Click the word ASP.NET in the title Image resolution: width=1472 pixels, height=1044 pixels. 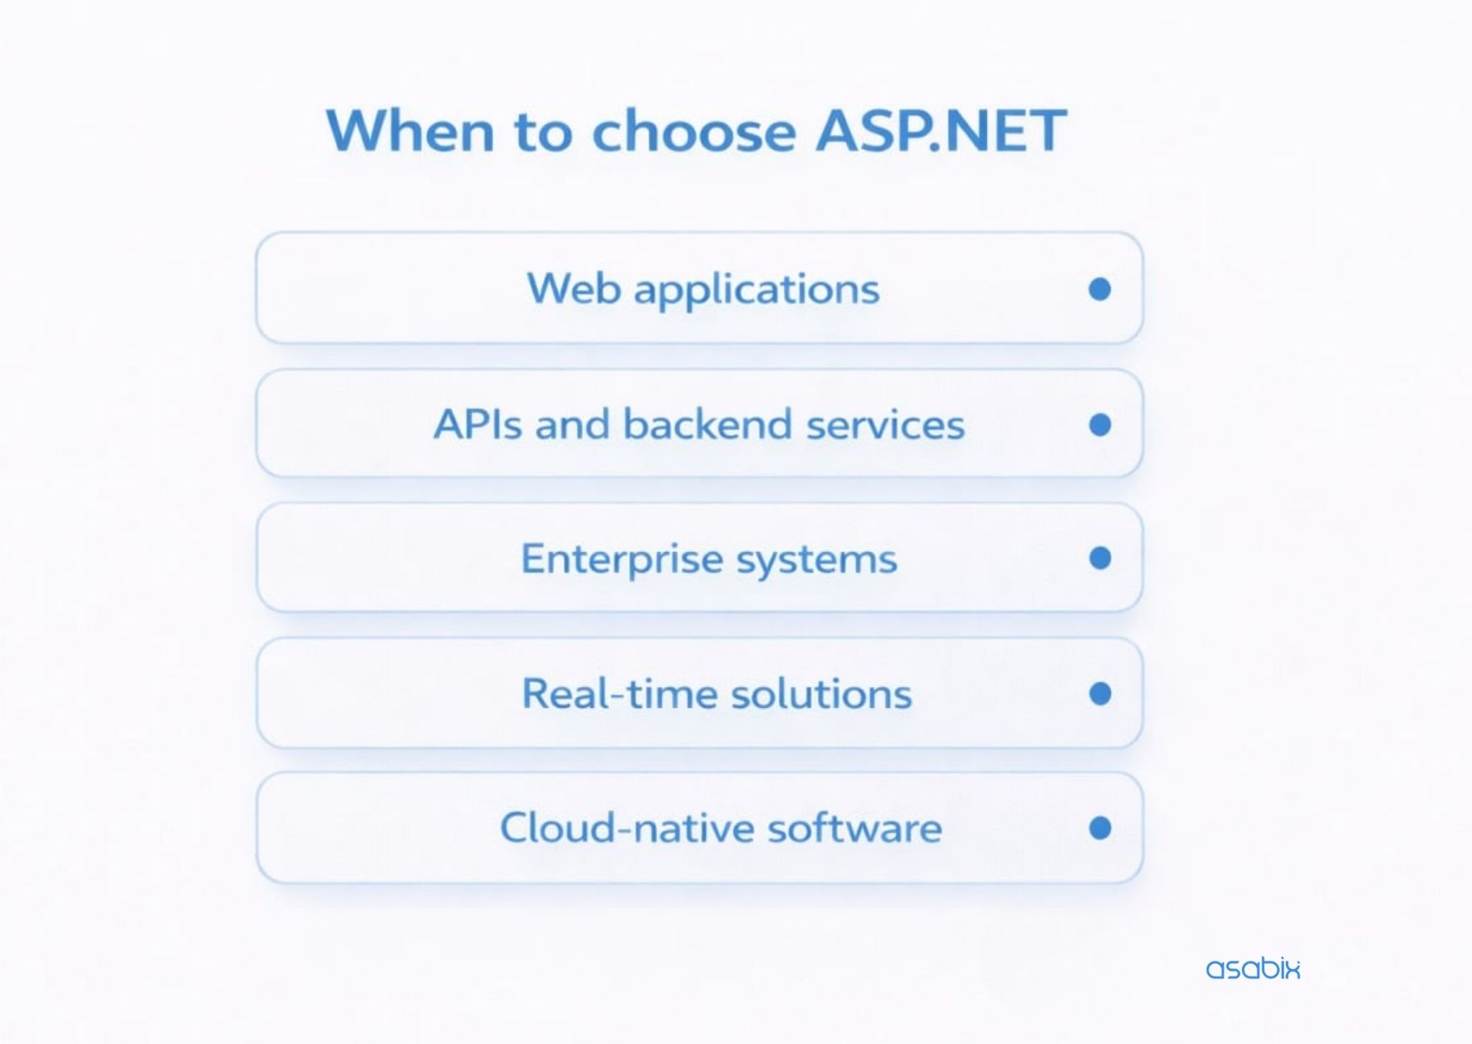(x=941, y=130)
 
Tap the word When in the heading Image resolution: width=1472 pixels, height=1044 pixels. (x=410, y=130)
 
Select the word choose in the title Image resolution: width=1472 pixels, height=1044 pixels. (x=694, y=130)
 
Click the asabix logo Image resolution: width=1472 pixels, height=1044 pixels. (x=1253, y=968)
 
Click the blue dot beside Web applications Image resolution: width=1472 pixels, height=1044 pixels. (x=1100, y=289)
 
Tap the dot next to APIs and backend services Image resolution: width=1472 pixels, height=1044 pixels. (x=1100, y=424)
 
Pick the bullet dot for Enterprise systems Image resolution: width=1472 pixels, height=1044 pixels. (x=1100, y=557)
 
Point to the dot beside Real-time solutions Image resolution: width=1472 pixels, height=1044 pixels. (x=1100, y=693)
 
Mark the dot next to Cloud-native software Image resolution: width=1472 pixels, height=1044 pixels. (x=1100, y=828)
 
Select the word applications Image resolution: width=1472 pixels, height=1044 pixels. (x=757, y=290)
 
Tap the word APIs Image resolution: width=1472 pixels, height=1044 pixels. (x=477, y=423)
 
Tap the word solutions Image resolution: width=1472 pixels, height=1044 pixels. (x=822, y=694)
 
